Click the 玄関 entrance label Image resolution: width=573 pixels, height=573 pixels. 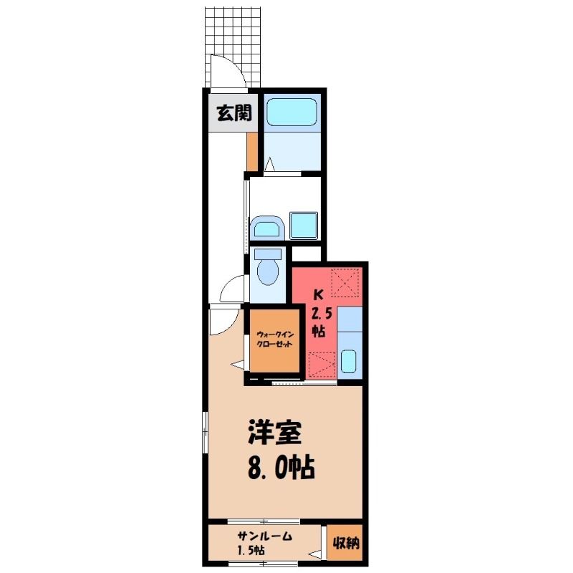coord(234,113)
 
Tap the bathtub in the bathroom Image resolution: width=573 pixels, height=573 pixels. coord(292,112)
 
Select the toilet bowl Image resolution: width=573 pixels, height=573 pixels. coord(268,273)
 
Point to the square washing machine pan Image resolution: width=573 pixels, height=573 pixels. coord(304,226)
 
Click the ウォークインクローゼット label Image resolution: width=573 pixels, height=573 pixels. coord(275,340)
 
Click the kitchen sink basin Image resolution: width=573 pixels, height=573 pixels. coord(348,361)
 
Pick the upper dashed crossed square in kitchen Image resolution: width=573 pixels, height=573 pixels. coord(345,282)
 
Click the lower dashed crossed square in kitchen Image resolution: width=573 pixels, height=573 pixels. coord(322,365)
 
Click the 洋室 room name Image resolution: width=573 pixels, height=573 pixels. coord(275,433)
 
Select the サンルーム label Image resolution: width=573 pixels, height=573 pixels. coord(265,536)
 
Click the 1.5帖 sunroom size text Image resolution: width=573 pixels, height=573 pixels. coord(251,550)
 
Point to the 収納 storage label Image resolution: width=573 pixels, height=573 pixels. coord(345,544)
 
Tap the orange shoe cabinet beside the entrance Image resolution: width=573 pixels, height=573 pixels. coord(252,151)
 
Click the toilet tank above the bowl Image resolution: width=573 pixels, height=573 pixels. coord(268,254)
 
